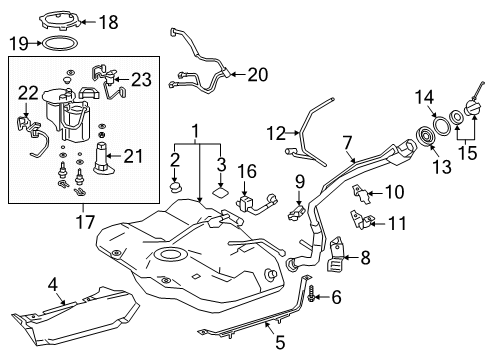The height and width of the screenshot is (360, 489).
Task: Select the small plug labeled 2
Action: [176, 185]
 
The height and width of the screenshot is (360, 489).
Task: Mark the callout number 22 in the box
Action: [28, 92]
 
